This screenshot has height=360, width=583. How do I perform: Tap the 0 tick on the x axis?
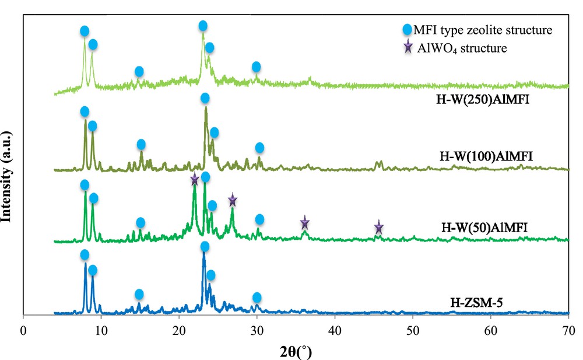pyautogui.click(x=23, y=329)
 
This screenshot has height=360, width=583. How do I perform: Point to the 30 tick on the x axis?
pyautogui.click(x=257, y=329)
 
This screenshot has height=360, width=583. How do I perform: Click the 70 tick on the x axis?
pyautogui.click(x=568, y=329)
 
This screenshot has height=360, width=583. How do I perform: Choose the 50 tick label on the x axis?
pyautogui.click(x=413, y=329)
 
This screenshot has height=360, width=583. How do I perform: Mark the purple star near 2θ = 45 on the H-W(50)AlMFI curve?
pyautogui.click(x=378, y=227)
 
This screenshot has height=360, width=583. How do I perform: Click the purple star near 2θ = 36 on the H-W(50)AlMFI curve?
pyautogui.click(x=304, y=223)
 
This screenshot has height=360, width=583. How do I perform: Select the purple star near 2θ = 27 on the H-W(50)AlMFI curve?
pyautogui.click(x=232, y=200)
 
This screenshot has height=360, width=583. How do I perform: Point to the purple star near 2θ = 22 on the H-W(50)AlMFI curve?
pyautogui.click(x=195, y=180)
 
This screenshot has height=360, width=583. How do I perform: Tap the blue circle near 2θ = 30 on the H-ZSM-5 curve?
pyautogui.click(x=257, y=298)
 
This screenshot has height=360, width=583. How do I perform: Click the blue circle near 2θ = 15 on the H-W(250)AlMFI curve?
pyautogui.click(x=139, y=71)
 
